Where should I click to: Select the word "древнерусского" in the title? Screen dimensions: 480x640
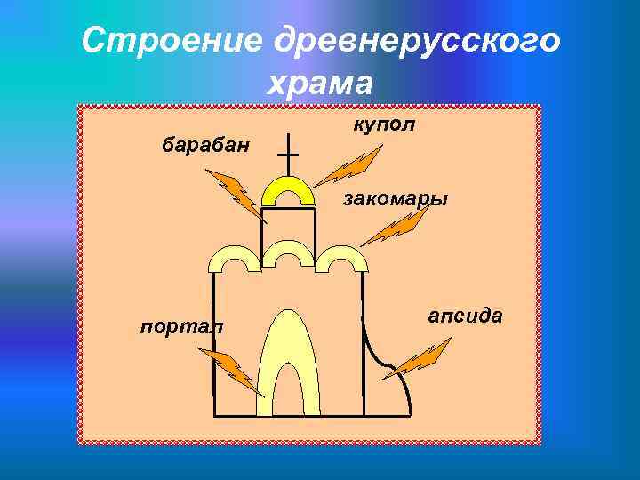tap(418, 41)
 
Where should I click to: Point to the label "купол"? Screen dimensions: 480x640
tap(383, 124)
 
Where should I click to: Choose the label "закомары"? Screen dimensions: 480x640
tap(396, 198)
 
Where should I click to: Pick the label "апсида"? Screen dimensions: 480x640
tap(465, 316)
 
